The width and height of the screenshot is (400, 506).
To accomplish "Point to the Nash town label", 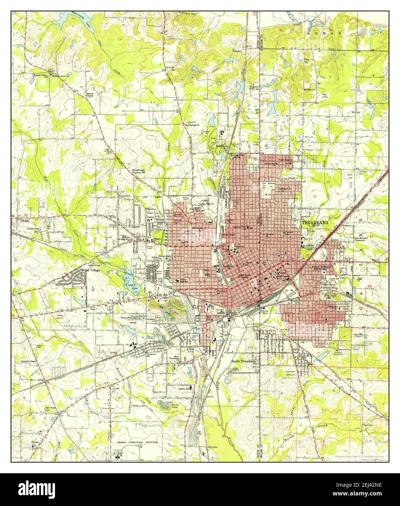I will (25, 221).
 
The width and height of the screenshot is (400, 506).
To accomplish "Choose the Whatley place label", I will (237, 51).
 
